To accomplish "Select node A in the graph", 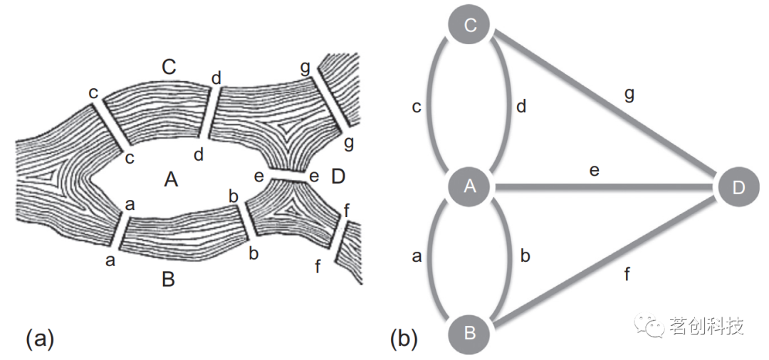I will tap(470, 187).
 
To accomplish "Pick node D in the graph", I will tap(738, 186).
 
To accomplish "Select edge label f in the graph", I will tap(627, 274).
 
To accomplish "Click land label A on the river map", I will tap(171, 180).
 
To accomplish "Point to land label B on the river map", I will tap(168, 280).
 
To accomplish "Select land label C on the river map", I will tap(169, 68).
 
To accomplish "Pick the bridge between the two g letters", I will tap(329, 107).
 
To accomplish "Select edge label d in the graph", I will tap(520, 107).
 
